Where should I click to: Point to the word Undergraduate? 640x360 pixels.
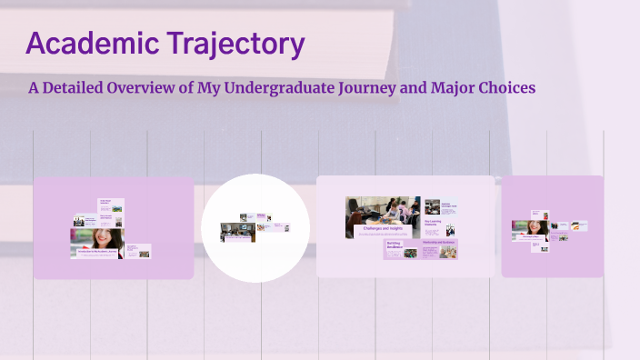tap(285, 88)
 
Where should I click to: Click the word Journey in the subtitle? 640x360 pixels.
tap(375, 88)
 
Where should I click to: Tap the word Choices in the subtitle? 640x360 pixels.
tap(510, 88)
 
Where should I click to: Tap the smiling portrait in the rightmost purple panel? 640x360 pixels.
tap(535, 225)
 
